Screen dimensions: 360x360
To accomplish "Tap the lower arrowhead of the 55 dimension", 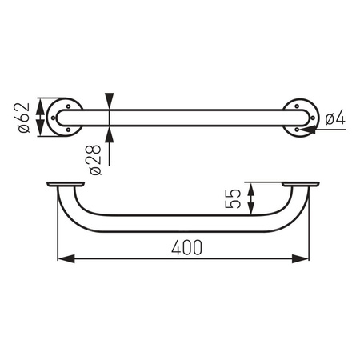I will pos(252,212).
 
